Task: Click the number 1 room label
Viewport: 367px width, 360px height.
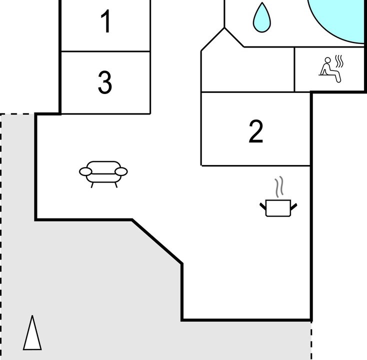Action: pyautogui.click(x=106, y=21)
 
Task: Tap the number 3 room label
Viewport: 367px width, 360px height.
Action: pyautogui.click(x=105, y=82)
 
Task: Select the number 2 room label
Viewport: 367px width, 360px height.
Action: pyautogui.click(x=256, y=131)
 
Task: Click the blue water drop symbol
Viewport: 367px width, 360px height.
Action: pyautogui.click(x=262, y=17)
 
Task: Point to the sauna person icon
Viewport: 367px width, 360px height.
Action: pyautogui.click(x=330, y=70)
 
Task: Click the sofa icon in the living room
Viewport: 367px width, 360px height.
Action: pyautogui.click(x=103, y=174)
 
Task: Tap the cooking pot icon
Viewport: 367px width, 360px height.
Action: pyautogui.click(x=278, y=208)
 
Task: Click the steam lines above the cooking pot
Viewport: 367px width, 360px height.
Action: pyautogui.click(x=279, y=186)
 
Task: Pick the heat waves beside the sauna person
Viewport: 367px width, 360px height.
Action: pyautogui.click(x=339, y=61)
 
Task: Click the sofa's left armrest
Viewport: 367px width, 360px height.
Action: pyautogui.click(x=85, y=171)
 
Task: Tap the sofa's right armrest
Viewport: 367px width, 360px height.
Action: pyautogui.click(x=121, y=171)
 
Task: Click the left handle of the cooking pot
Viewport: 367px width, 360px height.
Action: pyautogui.click(x=263, y=206)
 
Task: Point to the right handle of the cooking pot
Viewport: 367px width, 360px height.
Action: pyautogui.click(x=294, y=206)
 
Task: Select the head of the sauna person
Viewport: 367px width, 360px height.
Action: pyautogui.click(x=328, y=60)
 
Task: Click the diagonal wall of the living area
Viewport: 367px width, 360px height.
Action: pyautogui.click(x=157, y=241)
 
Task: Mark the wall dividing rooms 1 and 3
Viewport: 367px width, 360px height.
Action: pyautogui.click(x=105, y=51)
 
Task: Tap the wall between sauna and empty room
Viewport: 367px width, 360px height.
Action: pyautogui.click(x=294, y=69)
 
